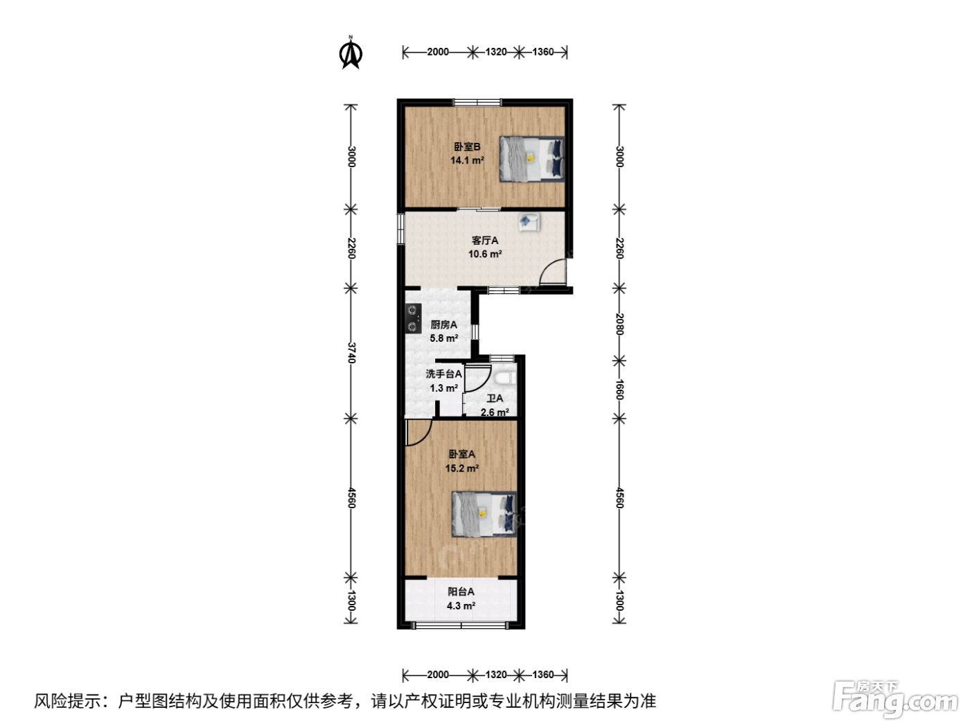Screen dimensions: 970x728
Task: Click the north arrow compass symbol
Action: (x=351, y=53)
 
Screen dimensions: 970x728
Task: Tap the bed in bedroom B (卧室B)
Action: (x=532, y=159)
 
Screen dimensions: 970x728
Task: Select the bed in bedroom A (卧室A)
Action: (x=484, y=514)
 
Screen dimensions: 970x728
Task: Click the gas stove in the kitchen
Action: (x=413, y=318)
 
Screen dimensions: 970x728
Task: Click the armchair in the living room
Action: (x=529, y=222)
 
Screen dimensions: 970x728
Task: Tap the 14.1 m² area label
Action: (x=467, y=160)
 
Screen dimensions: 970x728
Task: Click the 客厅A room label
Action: (x=485, y=241)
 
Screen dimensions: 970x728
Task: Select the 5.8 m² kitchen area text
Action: (x=443, y=338)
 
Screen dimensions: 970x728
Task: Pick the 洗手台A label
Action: (x=443, y=374)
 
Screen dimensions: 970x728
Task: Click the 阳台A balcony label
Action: (x=461, y=591)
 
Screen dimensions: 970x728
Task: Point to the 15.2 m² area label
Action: (x=462, y=468)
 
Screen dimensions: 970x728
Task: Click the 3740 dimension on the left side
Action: (x=351, y=353)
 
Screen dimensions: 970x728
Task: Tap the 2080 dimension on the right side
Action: (x=619, y=324)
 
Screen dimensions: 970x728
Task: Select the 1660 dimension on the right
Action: (x=619, y=390)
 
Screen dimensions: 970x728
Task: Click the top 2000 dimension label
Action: (x=438, y=52)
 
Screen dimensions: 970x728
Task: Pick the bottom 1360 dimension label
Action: (x=543, y=675)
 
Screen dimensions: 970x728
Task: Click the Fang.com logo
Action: (x=895, y=699)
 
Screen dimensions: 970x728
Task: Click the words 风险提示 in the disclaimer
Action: (x=68, y=701)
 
